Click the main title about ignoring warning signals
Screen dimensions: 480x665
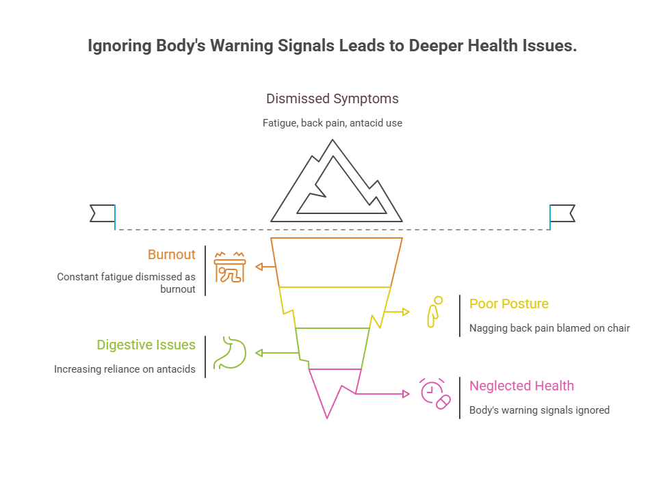(332, 46)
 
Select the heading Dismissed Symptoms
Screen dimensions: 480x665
(332, 98)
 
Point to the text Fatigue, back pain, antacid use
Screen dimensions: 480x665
(332, 124)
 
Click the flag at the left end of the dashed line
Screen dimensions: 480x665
(103, 213)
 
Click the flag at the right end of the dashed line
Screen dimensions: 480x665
(562, 213)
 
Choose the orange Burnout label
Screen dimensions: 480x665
(171, 254)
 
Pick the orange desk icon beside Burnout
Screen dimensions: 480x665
(229, 267)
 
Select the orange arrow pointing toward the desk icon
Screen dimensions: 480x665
(264, 267)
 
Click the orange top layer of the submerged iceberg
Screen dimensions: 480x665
(335, 262)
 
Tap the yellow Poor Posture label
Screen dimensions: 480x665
(509, 304)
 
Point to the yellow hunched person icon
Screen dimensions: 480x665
(434, 312)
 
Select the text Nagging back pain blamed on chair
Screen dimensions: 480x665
(549, 328)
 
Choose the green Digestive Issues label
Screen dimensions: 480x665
(146, 345)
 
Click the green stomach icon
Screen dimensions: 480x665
(229, 352)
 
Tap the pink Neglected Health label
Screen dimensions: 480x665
(521, 386)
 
